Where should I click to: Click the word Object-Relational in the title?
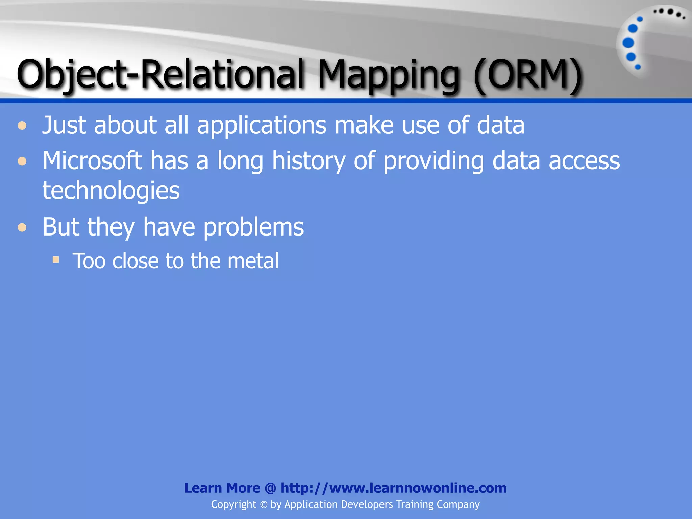click(x=160, y=74)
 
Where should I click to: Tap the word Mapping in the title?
click(x=389, y=76)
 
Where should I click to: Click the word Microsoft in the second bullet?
click(x=92, y=160)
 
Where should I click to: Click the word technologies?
click(x=111, y=191)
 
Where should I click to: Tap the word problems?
click(x=253, y=227)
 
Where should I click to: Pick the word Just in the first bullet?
click(x=64, y=125)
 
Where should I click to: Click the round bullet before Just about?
click(x=22, y=126)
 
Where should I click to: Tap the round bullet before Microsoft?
click(x=22, y=161)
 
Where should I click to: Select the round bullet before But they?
click(x=22, y=227)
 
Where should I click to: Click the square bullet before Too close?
click(x=56, y=260)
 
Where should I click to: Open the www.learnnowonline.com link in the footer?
click(x=393, y=488)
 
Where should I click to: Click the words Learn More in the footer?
click(x=222, y=488)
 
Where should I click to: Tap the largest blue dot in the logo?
click(x=628, y=43)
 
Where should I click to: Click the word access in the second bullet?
click(x=584, y=160)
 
